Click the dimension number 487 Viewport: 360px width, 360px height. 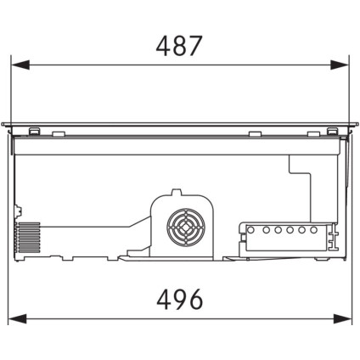[179, 46]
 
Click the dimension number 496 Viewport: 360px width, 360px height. [180, 300]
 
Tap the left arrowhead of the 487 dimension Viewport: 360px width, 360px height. [20, 65]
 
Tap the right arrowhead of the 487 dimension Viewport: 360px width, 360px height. [340, 65]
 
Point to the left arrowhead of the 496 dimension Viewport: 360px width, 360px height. [17, 318]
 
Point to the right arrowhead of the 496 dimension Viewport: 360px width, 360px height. [342, 318]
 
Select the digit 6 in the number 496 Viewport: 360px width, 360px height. [196, 300]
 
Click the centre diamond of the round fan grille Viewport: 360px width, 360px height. [185, 227]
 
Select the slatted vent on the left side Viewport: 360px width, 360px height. [29, 238]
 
